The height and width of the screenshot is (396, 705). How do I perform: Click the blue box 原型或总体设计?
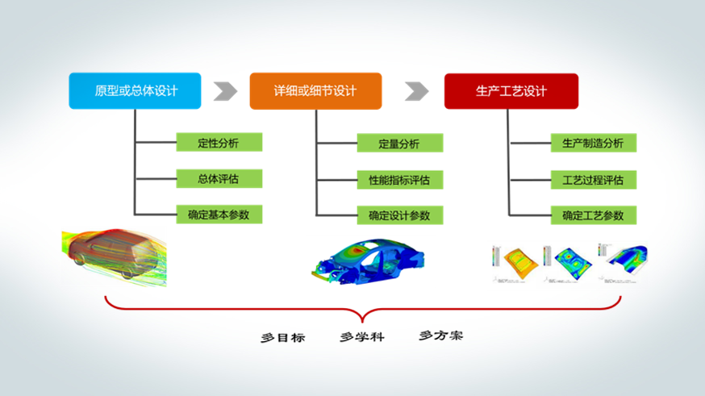(136, 91)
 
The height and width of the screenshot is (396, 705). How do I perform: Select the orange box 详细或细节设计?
(315, 91)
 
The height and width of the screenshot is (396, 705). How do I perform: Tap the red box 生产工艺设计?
(511, 91)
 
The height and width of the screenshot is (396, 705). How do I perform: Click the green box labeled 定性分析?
(219, 144)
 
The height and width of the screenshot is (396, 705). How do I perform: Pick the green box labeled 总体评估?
(219, 179)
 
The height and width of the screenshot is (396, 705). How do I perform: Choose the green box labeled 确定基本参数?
(219, 215)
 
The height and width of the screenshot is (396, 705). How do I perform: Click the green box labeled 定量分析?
(399, 144)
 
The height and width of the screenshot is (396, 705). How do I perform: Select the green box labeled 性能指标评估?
(399, 179)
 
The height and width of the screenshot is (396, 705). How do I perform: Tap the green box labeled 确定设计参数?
(399, 215)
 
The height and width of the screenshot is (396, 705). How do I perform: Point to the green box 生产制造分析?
(593, 144)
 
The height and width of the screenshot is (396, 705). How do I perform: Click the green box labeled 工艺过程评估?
(593, 179)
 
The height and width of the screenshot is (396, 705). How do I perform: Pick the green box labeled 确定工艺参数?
(593, 215)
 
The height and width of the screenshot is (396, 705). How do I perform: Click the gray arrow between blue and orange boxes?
(225, 91)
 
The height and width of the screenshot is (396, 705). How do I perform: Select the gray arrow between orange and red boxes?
(416, 91)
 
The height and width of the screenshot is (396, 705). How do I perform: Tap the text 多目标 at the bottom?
(282, 338)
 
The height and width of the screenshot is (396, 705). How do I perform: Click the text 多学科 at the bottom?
(361, 336)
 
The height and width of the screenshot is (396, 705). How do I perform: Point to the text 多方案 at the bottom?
(440, 335)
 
